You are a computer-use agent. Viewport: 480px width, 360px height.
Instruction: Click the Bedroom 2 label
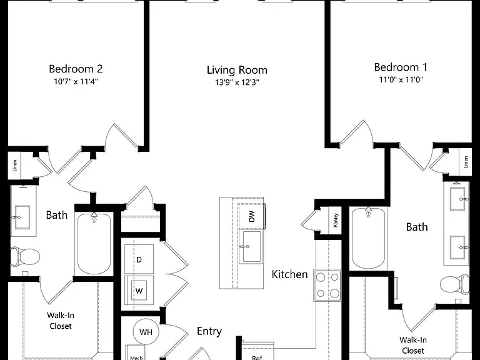[x=76, y=69]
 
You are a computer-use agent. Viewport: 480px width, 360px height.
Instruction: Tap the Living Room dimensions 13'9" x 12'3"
[x=237, y=82]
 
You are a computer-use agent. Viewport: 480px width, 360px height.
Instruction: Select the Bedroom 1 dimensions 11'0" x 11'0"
[x=401, y=80]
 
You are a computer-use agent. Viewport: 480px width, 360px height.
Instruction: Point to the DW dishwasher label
[x=252, y=216]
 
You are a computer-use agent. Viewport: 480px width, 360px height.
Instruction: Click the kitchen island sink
[x=251, y=246]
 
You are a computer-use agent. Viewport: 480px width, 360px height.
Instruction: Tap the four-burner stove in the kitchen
[x=327, y=285]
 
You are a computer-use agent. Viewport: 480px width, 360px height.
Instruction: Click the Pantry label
[x=336, y=220]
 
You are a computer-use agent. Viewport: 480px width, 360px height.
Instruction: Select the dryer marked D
[x=139, y=259]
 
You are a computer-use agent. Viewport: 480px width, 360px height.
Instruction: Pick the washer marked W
[x=139, y=290]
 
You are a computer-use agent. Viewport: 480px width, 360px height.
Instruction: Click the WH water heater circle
[x=146, y=332]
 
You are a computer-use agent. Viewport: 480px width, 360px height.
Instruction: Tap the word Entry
[x=209, y=331]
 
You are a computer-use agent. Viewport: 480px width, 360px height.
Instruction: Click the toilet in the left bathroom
[x=25, y=256]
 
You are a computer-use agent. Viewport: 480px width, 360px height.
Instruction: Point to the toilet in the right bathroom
[x=454, y=284]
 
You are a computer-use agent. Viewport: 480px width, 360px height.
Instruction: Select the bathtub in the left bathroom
[x=94, y=243]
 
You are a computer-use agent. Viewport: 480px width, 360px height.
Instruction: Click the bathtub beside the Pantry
[x=368, y=238]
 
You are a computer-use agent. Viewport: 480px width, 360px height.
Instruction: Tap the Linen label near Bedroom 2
[x=15, y=165]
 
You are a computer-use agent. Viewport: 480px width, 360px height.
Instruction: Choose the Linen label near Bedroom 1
[x=466, y=162]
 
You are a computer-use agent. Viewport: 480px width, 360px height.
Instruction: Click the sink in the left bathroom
[x=22, y=217]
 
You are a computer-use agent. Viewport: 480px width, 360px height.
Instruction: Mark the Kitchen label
[x=289, y=274]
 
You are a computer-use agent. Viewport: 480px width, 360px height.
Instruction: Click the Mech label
[x=136, y=357]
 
